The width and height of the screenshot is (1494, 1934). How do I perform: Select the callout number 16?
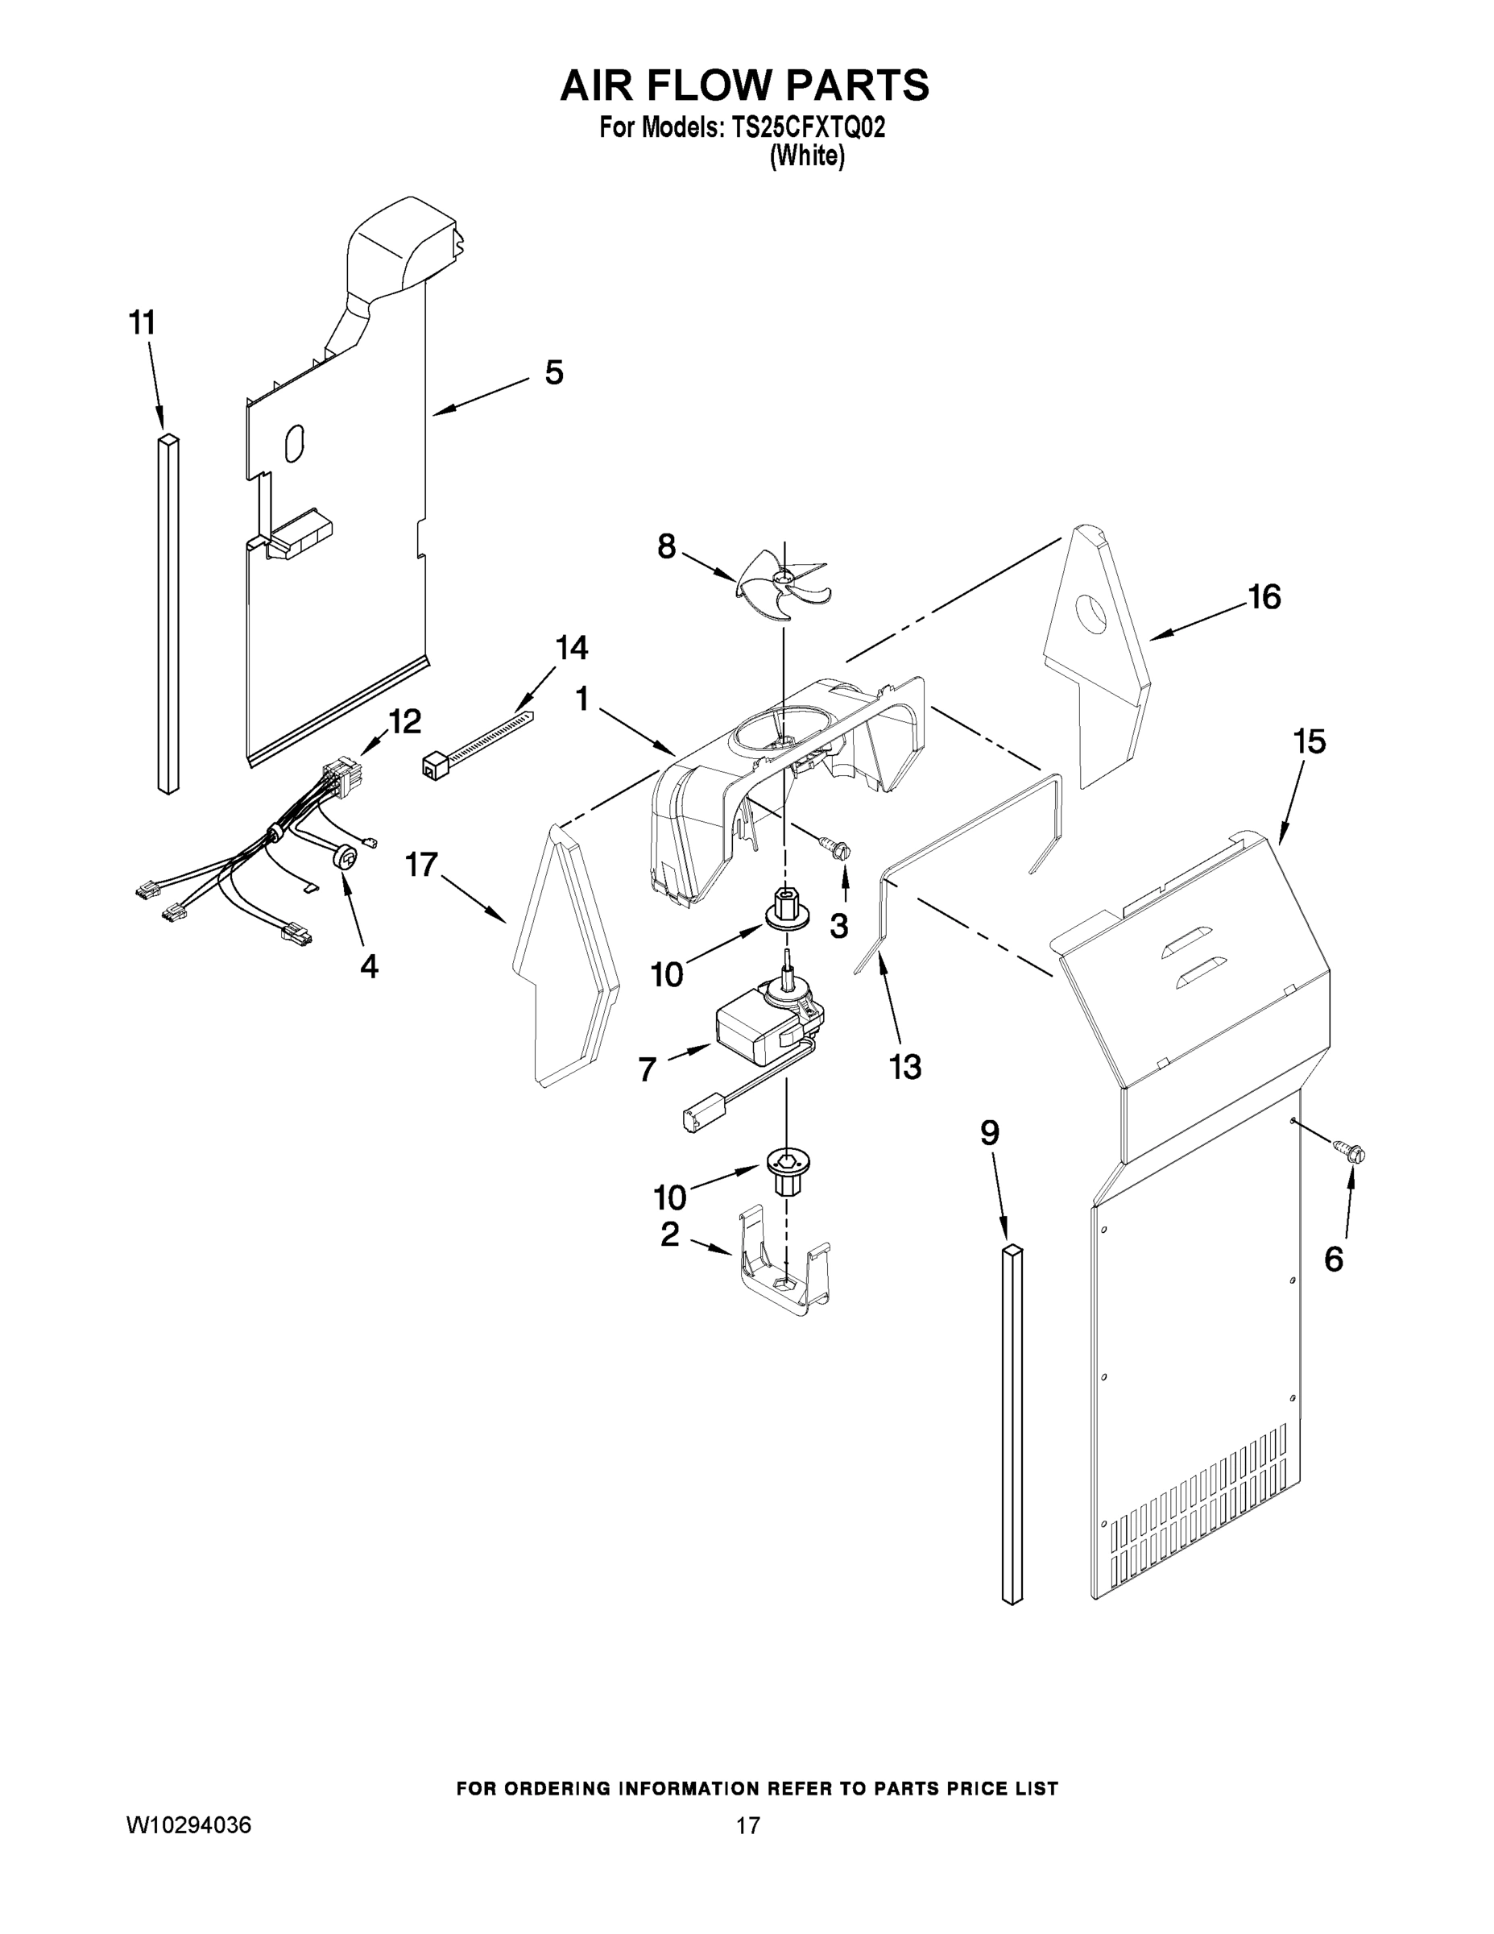click(1264, 598)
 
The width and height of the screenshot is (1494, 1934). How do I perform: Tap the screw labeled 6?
click(1351, 1152)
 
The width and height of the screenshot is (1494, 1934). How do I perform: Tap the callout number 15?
click(1309, 742)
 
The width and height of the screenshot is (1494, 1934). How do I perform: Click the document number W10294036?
click(188, 1825)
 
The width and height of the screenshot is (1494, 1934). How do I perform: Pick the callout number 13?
click(905, 1067)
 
